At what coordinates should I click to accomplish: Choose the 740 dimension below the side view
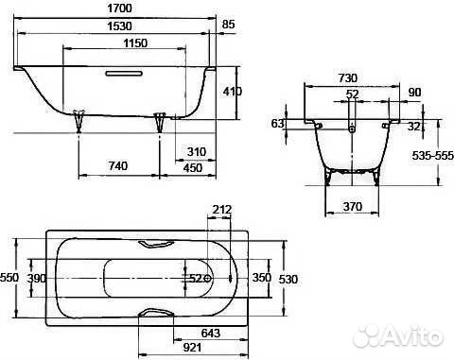(118, 165)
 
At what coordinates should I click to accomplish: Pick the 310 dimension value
(197, 152)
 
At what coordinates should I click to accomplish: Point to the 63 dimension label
(277, 124)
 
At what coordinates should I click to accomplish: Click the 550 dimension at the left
(9, 279)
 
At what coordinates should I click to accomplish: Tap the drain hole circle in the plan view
(207, 279)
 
